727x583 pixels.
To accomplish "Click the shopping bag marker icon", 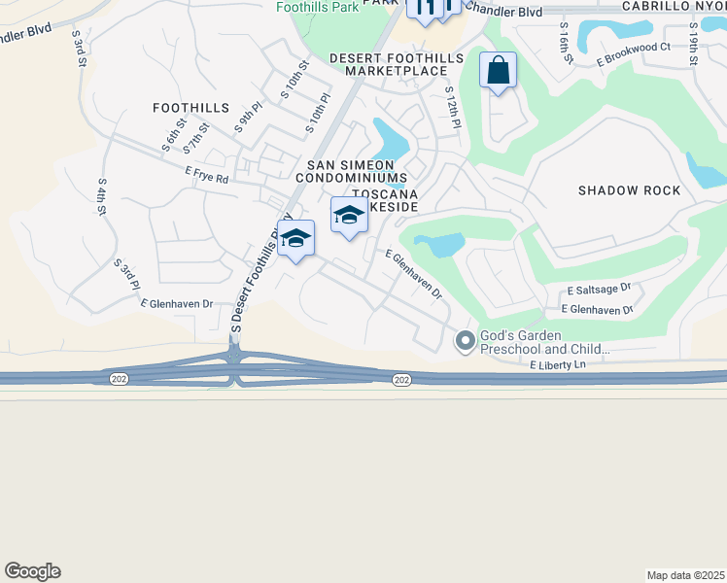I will click(498, 71).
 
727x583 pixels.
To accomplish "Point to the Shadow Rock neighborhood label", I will click(630, 190).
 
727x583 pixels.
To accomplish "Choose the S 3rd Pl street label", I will click(127, 274).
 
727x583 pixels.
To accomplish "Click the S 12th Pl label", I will click(452, 106).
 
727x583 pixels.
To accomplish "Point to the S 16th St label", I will click(564, 44).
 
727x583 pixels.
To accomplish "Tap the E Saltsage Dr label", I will click(600, 290).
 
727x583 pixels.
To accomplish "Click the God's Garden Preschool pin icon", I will click(465, 340).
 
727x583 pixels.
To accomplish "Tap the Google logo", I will click(32, 571).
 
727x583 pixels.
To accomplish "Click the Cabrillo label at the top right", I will click(670, 6).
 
